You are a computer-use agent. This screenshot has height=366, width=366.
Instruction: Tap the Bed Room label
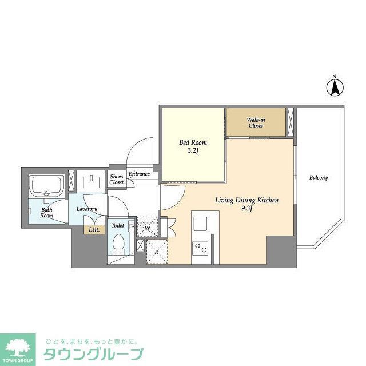tap(193, 142)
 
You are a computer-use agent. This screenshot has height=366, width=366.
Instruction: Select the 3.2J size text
tap(193, 151)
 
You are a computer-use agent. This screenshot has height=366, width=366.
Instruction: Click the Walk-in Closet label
tap(255, 122)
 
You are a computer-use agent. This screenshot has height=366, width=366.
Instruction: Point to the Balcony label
tap(319, 178)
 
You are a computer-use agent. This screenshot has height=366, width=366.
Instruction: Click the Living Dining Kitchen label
tap(246, 200)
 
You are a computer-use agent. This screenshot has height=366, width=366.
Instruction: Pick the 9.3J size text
tap(246, 209)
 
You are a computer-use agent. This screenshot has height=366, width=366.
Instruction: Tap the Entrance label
tap(139, 174)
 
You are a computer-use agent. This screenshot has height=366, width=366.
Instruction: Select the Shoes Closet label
tap(117, 180)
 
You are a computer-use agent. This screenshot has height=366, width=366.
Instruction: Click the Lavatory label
tap(87, 209)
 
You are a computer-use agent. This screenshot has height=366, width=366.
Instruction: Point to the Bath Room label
tap(47, 212)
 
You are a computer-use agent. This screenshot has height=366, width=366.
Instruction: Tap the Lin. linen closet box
tap(94, 230)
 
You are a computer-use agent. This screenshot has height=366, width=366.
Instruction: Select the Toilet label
tap(118, 225)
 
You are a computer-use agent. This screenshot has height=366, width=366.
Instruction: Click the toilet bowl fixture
tap(118, 242)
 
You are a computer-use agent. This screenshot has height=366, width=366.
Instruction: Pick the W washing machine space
tap(147, 226)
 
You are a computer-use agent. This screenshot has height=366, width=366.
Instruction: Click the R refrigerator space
tap(157, 250)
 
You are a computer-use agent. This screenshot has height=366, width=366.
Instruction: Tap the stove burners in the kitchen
tap(201, 248)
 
